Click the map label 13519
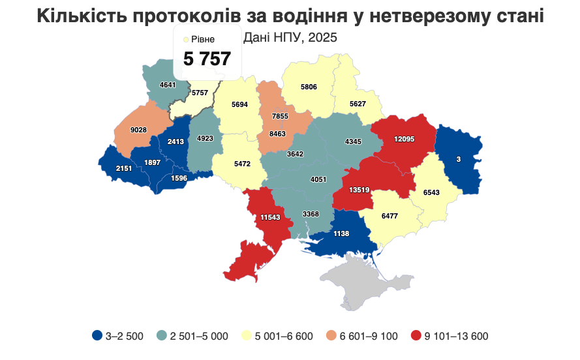(359, 190)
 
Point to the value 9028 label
(138, 130)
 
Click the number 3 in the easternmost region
(458, 159)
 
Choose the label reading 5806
(309, 87)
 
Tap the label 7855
(280, 115)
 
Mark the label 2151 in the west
(124, 168)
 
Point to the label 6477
(389, 216)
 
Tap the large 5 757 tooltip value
(207, 59)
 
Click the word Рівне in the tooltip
(203, 40)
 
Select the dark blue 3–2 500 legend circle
(97, 336)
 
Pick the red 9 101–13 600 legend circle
(416, 336)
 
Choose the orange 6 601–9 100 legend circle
(331, 336)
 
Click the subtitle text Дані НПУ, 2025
(290, 38)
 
